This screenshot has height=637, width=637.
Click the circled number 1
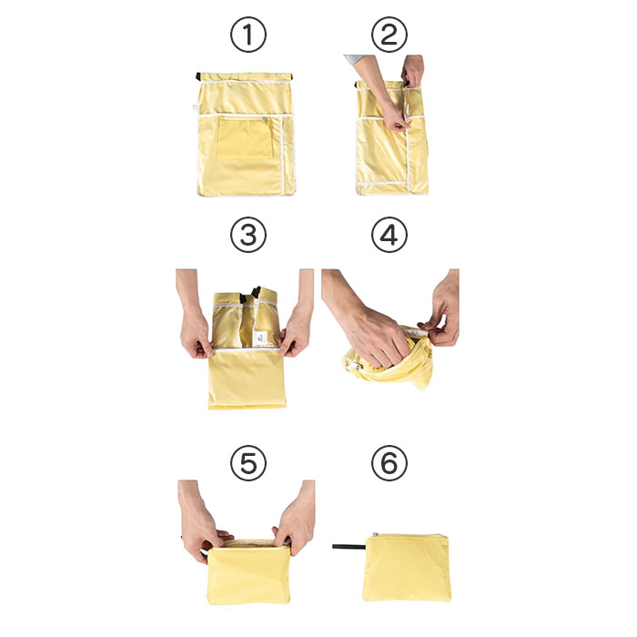click(248, 35)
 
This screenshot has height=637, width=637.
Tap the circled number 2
click(389, 35)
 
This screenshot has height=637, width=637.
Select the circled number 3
click(248, 235)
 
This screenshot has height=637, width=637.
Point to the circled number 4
click(389, 235)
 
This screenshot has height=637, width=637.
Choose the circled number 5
click(248, 463)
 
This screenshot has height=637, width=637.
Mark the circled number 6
click(389, 463)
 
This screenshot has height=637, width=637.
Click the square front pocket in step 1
click(245, 137)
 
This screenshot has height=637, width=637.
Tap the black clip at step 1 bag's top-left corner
click(198, 76)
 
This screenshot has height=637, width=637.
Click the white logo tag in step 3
click(260, 338)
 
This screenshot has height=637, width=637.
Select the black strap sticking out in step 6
click(349, 547)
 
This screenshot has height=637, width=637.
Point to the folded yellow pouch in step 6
click(407, 567)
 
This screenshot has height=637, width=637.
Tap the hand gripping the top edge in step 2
click(412, 70)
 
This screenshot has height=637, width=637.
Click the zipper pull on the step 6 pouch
click(375, 535)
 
